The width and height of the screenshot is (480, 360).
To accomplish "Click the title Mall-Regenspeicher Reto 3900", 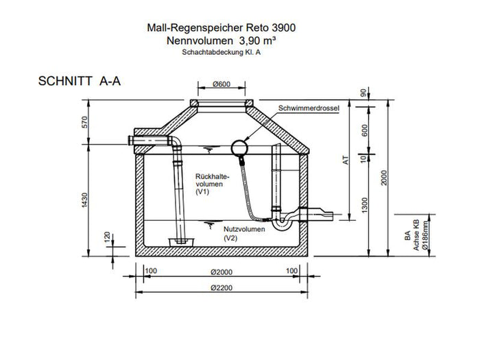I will coord(222,29).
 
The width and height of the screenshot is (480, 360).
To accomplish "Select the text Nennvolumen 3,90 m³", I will coord(222,41).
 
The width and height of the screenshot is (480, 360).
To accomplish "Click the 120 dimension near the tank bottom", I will coord(106,237).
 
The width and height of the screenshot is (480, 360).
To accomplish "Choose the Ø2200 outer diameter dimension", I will coord(221,286).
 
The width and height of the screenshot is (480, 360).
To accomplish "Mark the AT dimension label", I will coord(346,159).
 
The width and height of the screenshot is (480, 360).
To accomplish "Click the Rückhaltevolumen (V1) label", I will coord(209,183).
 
